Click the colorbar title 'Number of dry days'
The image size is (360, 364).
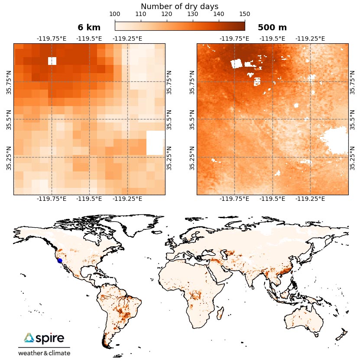[179, 6]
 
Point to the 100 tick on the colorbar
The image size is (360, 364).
[115, 14]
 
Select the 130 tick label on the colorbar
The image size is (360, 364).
[193, 14]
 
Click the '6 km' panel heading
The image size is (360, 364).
[89, 28]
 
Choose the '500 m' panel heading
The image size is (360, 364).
[272, 28]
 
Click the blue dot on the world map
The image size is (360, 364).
[60, 261]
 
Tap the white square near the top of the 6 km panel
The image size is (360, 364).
[52, 61]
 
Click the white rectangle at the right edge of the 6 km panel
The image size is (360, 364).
[156, 143]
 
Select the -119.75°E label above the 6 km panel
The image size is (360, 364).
[52, 39]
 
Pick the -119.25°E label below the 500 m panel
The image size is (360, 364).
[310, 199]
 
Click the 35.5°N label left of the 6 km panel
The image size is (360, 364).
[9, 119]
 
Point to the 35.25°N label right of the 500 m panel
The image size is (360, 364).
[353, 157]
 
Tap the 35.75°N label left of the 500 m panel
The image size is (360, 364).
[192, 81]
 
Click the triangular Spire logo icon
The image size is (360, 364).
[29, 338]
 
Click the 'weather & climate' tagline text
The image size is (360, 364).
[44, 353]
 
